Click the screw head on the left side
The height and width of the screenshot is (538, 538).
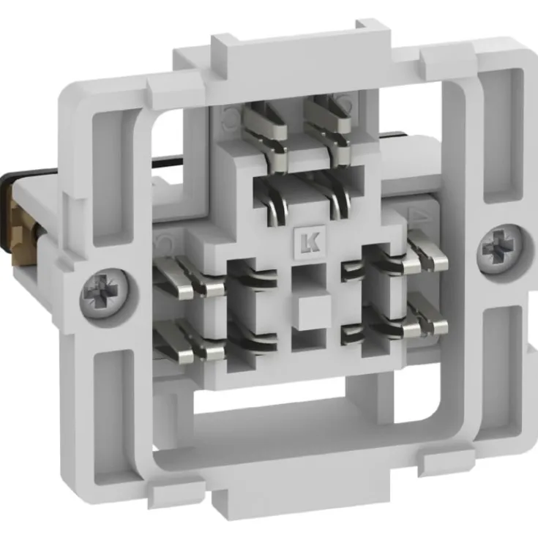(x=105, y=294)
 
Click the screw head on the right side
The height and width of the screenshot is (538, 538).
(x=501, y=247)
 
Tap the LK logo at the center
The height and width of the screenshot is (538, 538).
(x=310, y=242)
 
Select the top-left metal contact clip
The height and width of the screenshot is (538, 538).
(x=266, y=134)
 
